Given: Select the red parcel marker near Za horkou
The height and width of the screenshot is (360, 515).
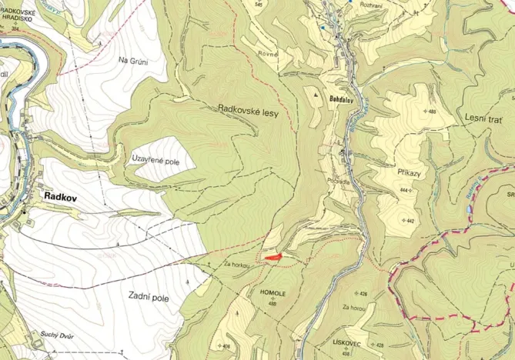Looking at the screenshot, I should click(273, 258).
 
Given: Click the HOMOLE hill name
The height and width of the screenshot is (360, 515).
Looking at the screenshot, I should click(274, 294).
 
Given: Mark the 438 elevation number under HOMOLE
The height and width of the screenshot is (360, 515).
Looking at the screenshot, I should click(273, 303).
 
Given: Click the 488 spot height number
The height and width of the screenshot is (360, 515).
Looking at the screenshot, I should click(431, 112).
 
